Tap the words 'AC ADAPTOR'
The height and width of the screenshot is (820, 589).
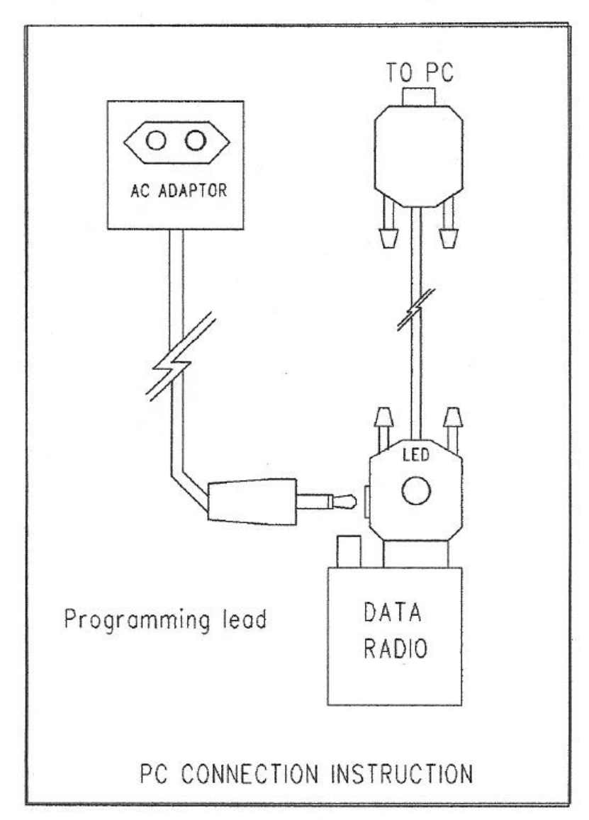176,192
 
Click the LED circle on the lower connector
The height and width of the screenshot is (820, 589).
416,490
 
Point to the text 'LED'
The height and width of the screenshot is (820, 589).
416,454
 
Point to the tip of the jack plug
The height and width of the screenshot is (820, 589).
349,504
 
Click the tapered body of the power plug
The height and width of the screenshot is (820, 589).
252,502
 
